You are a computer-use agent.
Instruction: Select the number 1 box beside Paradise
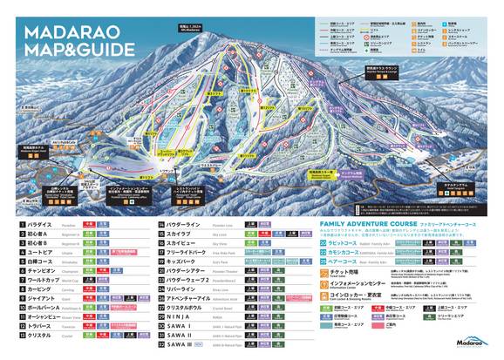(x=22, y=224)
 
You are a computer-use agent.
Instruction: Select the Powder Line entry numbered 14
(x=201, y=224)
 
